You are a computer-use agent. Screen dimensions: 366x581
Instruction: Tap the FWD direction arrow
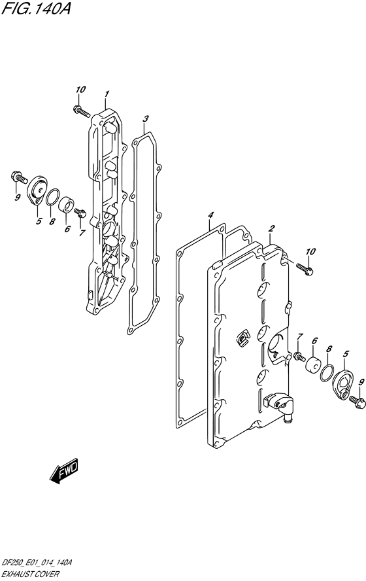63,472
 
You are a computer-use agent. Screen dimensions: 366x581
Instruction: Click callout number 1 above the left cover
107,94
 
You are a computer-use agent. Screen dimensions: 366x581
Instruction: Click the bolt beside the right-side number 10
305,268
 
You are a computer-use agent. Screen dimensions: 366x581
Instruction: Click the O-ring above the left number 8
52,197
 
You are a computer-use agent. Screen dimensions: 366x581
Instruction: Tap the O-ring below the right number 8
327,372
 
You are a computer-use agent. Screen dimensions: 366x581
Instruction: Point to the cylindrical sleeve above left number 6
67,205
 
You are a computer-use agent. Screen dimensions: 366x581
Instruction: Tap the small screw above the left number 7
80,213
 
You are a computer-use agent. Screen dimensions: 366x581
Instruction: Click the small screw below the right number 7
299,357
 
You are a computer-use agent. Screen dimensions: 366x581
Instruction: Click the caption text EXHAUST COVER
30,574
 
